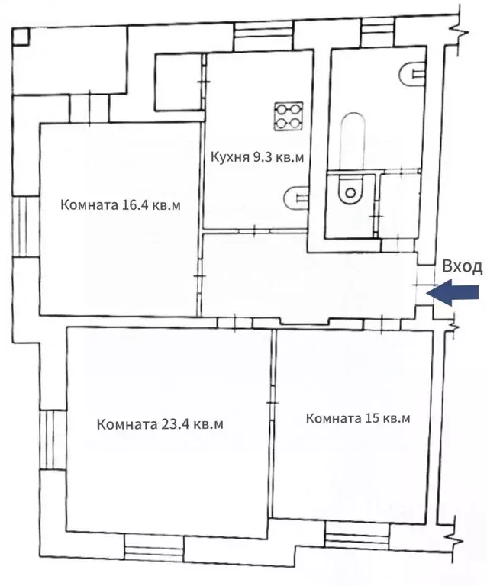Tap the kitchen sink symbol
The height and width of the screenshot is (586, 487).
tap(294, 198)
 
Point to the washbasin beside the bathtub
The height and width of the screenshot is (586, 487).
tap(411, 73)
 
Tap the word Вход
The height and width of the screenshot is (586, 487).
tap(462, 266)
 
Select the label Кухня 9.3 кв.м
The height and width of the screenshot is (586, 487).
tap(257, 158)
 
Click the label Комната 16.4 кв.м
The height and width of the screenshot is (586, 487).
tap(121, 206)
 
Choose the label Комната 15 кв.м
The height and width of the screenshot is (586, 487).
tap(358, 419)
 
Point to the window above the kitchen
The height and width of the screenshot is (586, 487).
tap(256, 36)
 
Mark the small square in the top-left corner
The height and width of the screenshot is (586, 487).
tap(21, 36)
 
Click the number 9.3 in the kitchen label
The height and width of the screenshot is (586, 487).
tap(256, 158)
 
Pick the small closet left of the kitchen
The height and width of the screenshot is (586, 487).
tap(179, 82)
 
